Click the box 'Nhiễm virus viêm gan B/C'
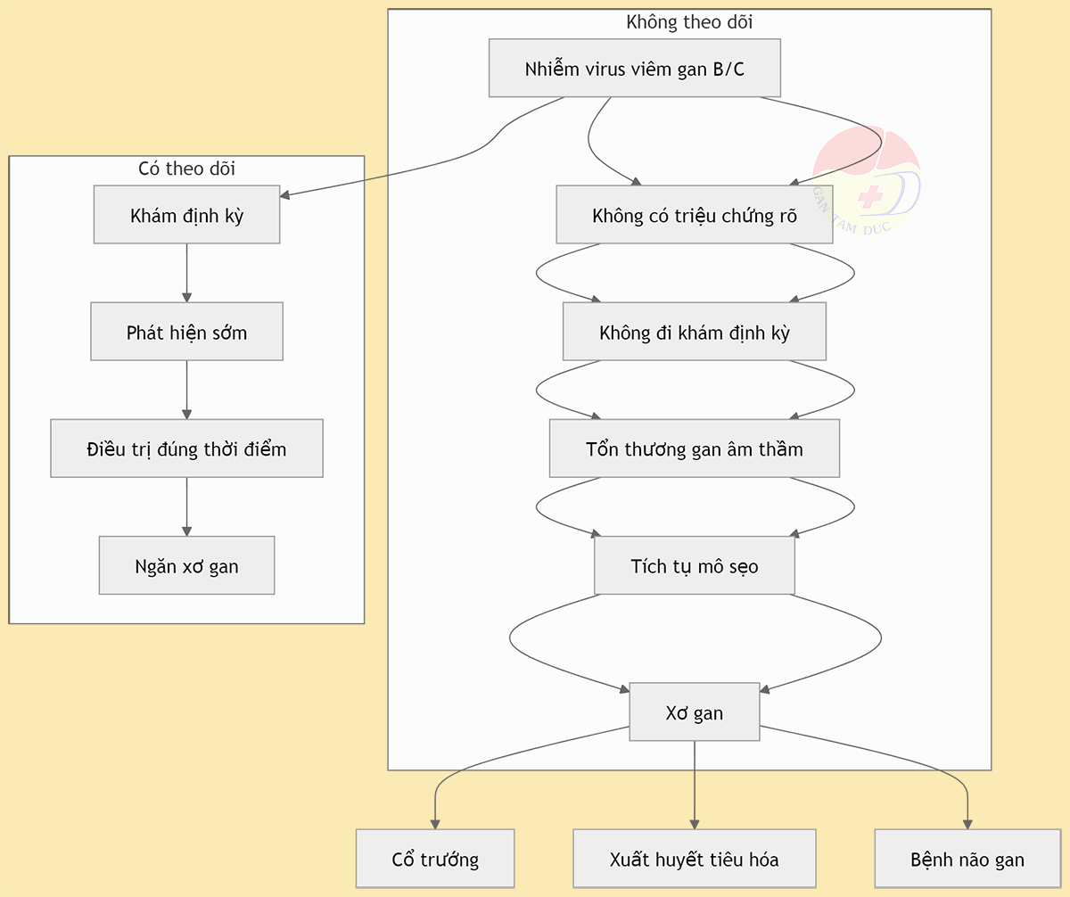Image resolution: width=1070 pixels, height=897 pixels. tap(634, 68)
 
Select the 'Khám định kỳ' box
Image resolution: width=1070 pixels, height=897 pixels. tap(186, 214)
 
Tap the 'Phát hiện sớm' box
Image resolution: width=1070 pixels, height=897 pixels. tap(186, 331)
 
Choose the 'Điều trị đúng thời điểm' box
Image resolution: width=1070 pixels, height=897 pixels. tap(186, 448)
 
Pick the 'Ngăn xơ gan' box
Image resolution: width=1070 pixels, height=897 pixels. tap(186, 565)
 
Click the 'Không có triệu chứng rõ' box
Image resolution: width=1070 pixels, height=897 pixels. tap(695, 214)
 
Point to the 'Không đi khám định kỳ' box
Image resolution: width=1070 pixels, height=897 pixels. tap(695, 331)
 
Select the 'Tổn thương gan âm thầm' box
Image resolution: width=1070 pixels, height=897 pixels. tap(695, 448)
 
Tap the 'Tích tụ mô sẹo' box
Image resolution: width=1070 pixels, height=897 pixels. tap(695, 565)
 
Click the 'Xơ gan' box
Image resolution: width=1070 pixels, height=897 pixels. tap(695, 712)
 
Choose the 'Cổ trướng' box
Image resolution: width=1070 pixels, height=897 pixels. tap(435, 859)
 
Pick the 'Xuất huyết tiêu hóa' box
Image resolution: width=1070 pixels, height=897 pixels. tap(695, 859)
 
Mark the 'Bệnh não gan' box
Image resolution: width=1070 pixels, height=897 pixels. tap(967, 859)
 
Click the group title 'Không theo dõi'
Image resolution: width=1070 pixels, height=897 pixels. tap(689, 22)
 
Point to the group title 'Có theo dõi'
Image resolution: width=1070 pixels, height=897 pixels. tap(186, 169)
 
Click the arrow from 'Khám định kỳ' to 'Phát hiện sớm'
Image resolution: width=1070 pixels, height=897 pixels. tap(186, 273)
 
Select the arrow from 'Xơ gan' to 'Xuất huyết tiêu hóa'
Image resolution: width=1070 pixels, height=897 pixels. tap(695, 785)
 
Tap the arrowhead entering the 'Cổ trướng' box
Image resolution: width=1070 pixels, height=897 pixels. tap(435, 824)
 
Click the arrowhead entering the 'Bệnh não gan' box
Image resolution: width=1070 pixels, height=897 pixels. tap(967, 824)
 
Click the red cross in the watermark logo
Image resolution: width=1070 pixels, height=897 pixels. tap(870, 196)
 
